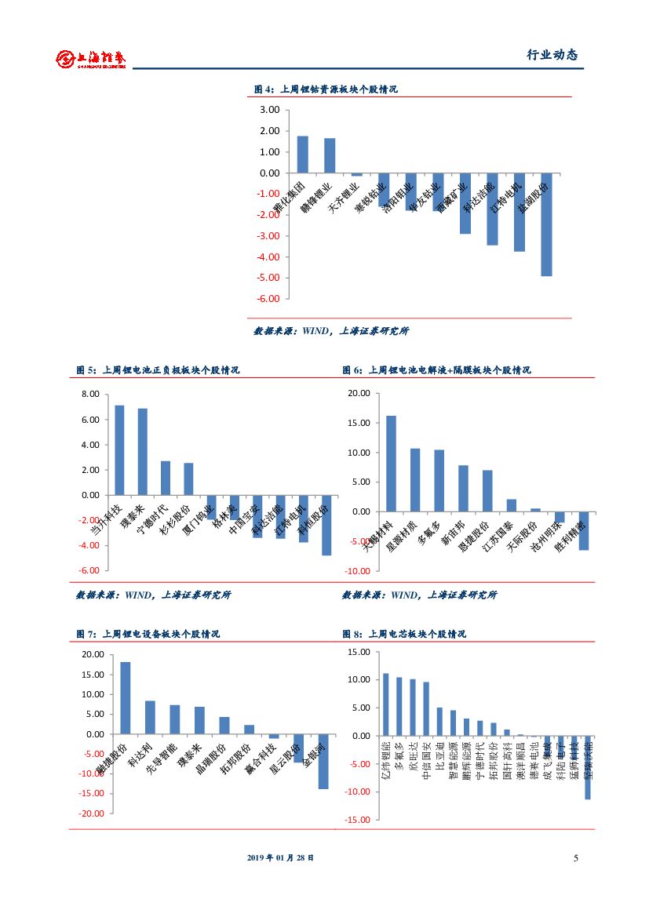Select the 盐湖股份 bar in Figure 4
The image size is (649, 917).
point(546,224)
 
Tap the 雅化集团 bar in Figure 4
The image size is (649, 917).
point(302,155)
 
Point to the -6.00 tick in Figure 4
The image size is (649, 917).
point(268,299)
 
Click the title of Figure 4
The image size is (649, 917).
point(326,89)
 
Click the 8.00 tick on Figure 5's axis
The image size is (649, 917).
point(89,395)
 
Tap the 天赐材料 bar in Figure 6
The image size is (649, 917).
point(391,464)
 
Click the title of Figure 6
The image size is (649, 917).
point(436,370)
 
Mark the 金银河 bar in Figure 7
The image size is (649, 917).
point(323,762)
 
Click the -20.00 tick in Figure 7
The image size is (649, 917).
point(92,814)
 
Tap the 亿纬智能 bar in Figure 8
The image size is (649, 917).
point(385,704)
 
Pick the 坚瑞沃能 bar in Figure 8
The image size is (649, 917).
point(587,767)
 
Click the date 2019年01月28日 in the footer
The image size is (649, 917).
point(280,858)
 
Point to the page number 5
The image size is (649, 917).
point(576,858)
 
